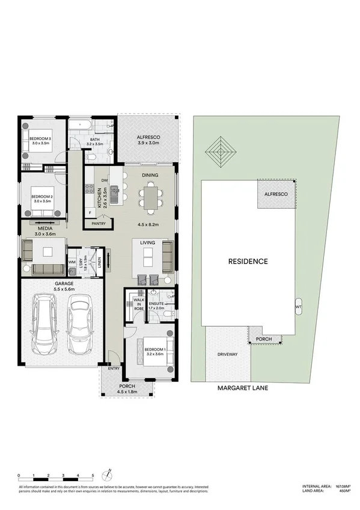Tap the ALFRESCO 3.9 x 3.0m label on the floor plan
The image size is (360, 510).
coord(148,140)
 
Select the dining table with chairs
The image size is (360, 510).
coord(150,197)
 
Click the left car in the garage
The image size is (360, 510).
coord(44,324)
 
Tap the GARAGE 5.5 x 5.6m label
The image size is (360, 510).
coord(64,286)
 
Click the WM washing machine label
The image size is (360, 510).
coord(72,262)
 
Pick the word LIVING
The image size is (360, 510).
coord(148,242)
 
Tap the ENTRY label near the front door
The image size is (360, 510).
coord(114,368)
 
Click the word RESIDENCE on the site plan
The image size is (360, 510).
coord(248,261)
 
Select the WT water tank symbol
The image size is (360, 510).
coord(298,306)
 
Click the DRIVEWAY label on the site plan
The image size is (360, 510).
coord(227,354)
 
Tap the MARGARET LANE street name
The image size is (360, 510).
coord(243,389)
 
